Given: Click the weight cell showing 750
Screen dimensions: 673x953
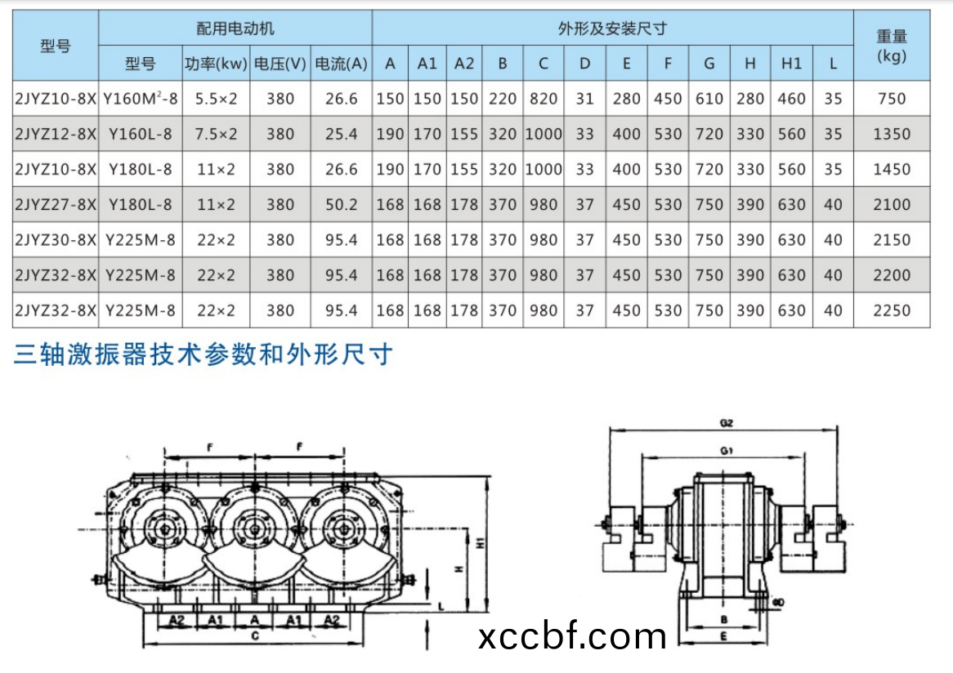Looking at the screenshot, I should (891, 99).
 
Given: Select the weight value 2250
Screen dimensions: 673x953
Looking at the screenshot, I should (891, 310).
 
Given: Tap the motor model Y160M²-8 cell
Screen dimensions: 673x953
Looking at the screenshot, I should (141, 99).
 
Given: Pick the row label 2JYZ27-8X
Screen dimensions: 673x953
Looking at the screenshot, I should (56, 204).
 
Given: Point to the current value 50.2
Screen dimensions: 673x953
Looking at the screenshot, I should (342, 204).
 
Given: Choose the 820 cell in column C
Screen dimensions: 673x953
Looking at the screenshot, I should (544, 99).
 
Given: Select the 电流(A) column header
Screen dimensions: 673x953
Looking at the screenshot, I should (342, 64).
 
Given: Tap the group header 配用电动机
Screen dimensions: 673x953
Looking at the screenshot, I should (235, 29).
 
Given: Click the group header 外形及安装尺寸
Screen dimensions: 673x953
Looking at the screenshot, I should (612, 29).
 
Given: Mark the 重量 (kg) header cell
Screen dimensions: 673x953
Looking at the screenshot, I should (891, 46).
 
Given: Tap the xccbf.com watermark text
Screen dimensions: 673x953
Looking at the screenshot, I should (571, 635).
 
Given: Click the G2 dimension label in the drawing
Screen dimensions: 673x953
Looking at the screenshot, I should (726, 424).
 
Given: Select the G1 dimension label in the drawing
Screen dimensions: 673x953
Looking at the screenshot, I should (726, 451).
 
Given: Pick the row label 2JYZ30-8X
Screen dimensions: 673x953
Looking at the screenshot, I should (56, 240).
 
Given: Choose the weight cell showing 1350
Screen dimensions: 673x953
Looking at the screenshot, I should (891, 134).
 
